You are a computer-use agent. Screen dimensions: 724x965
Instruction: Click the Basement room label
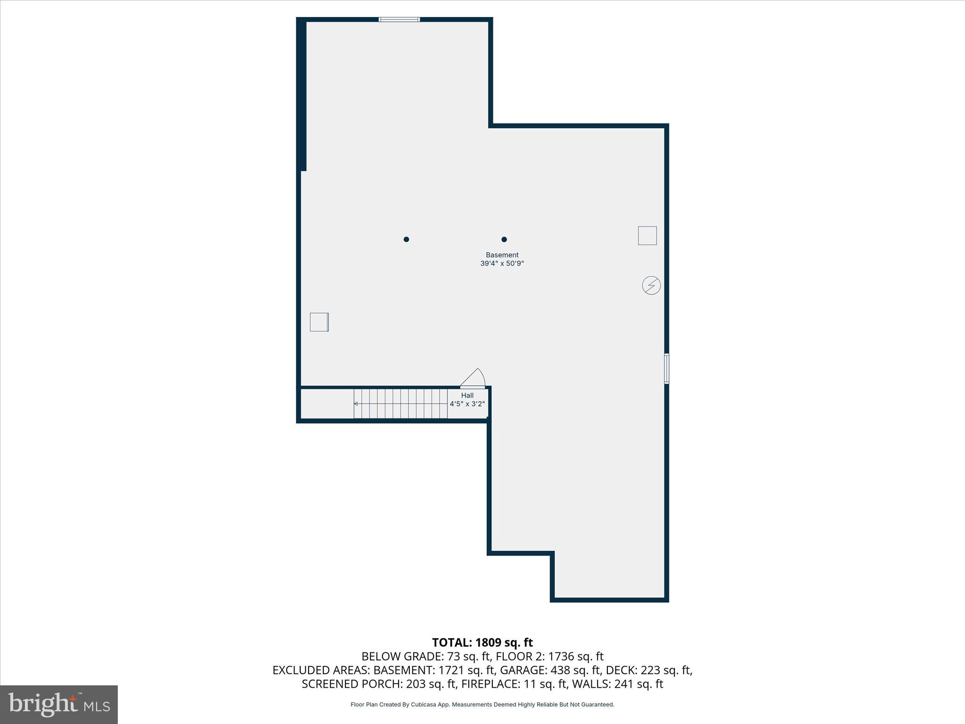(x=502, y=255)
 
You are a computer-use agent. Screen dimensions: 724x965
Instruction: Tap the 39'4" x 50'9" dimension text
(x=502, y=263)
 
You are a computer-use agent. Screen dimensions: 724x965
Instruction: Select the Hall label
(x=467, y=395)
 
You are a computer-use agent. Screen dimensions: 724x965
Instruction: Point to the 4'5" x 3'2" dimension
(x=467, y=404)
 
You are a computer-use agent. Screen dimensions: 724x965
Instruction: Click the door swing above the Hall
(x=474, y=378)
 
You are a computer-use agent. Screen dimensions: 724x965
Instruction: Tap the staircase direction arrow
(x=356, y=404)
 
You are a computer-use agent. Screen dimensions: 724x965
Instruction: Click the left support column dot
(x=406, y=239)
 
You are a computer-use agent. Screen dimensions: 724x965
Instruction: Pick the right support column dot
(x=504, y=239)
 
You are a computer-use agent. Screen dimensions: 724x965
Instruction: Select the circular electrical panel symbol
(x=651, y=285)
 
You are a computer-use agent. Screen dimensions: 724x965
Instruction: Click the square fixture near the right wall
(x=647, y=236)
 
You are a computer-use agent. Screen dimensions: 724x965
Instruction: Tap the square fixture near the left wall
(x=319, y=322)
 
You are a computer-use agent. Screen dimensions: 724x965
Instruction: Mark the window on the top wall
(x=399, y=19)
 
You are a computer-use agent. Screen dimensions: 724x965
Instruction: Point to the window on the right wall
(x=666, y=369)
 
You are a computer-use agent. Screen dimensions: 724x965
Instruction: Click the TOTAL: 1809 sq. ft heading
(x=482, y=642)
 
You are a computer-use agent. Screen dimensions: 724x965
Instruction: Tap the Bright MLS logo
(x=59, y=704)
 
